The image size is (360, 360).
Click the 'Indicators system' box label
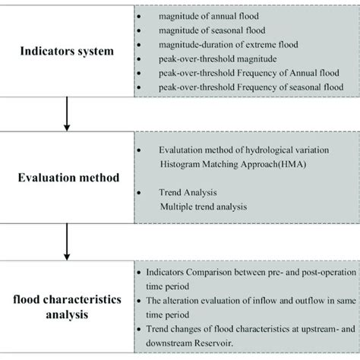pyautogui.click(x=67, y=52)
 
